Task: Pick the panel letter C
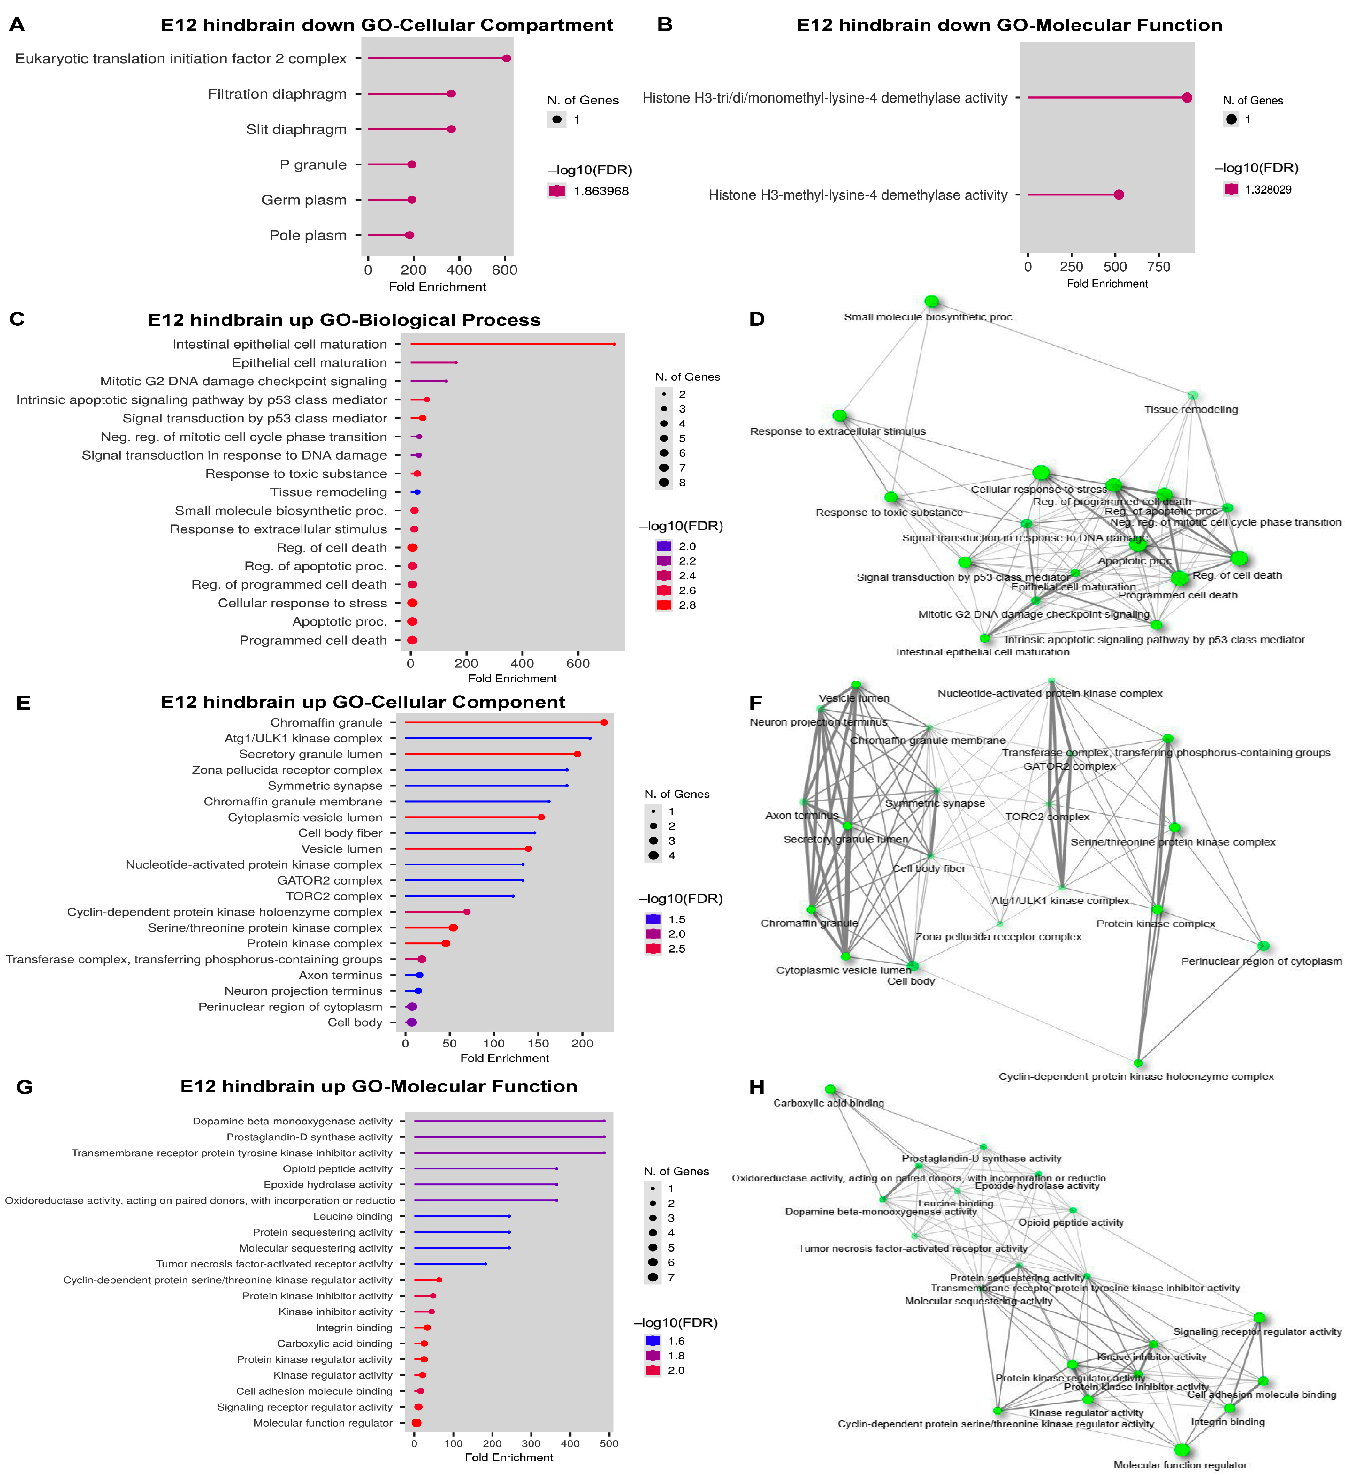(17, 319)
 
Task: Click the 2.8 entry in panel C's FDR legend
(687, 605)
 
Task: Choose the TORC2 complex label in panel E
(334, 896)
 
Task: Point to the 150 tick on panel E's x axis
(538, 1043)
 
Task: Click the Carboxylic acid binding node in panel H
(829, 1089)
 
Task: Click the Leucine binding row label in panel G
(353, 1216)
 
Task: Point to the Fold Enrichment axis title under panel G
(509, 1457)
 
